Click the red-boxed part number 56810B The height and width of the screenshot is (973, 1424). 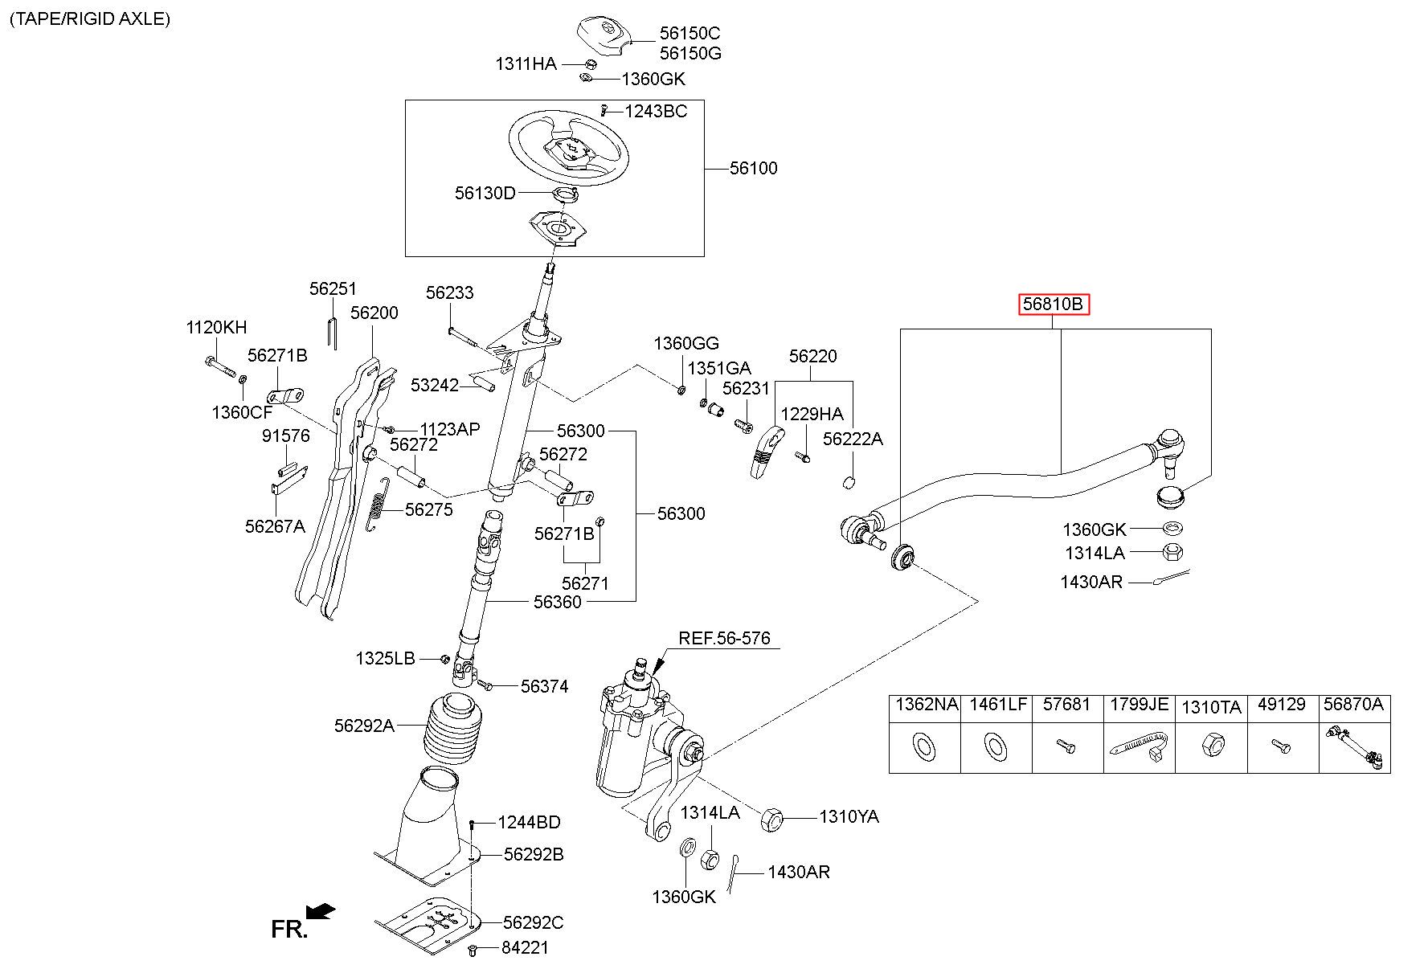pyautogui.click(x=1054, y=305)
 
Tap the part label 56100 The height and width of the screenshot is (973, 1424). pyautogui.click(x=754, y=169)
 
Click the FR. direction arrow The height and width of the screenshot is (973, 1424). pyautogui.click(x=321, y=911)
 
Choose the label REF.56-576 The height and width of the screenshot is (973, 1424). pyautogui.click(x=724, y=638)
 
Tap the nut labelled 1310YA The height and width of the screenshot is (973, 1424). pyautogui.click(x=771, y=820)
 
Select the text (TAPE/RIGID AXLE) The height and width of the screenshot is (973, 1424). pyautogui.click(x=90, y=19)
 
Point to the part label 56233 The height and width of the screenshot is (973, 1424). pyautogui.click(x=450, y=293)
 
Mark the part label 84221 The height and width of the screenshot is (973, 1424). pyautogui.click(x=525, y=948)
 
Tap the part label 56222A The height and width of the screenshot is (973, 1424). pyautogui.click(x=853, y=439)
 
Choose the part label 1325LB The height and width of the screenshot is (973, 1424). pyautogui.click(x=385, y=659)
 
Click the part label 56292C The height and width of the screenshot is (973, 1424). pyautogui.click(x=534, y=922)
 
